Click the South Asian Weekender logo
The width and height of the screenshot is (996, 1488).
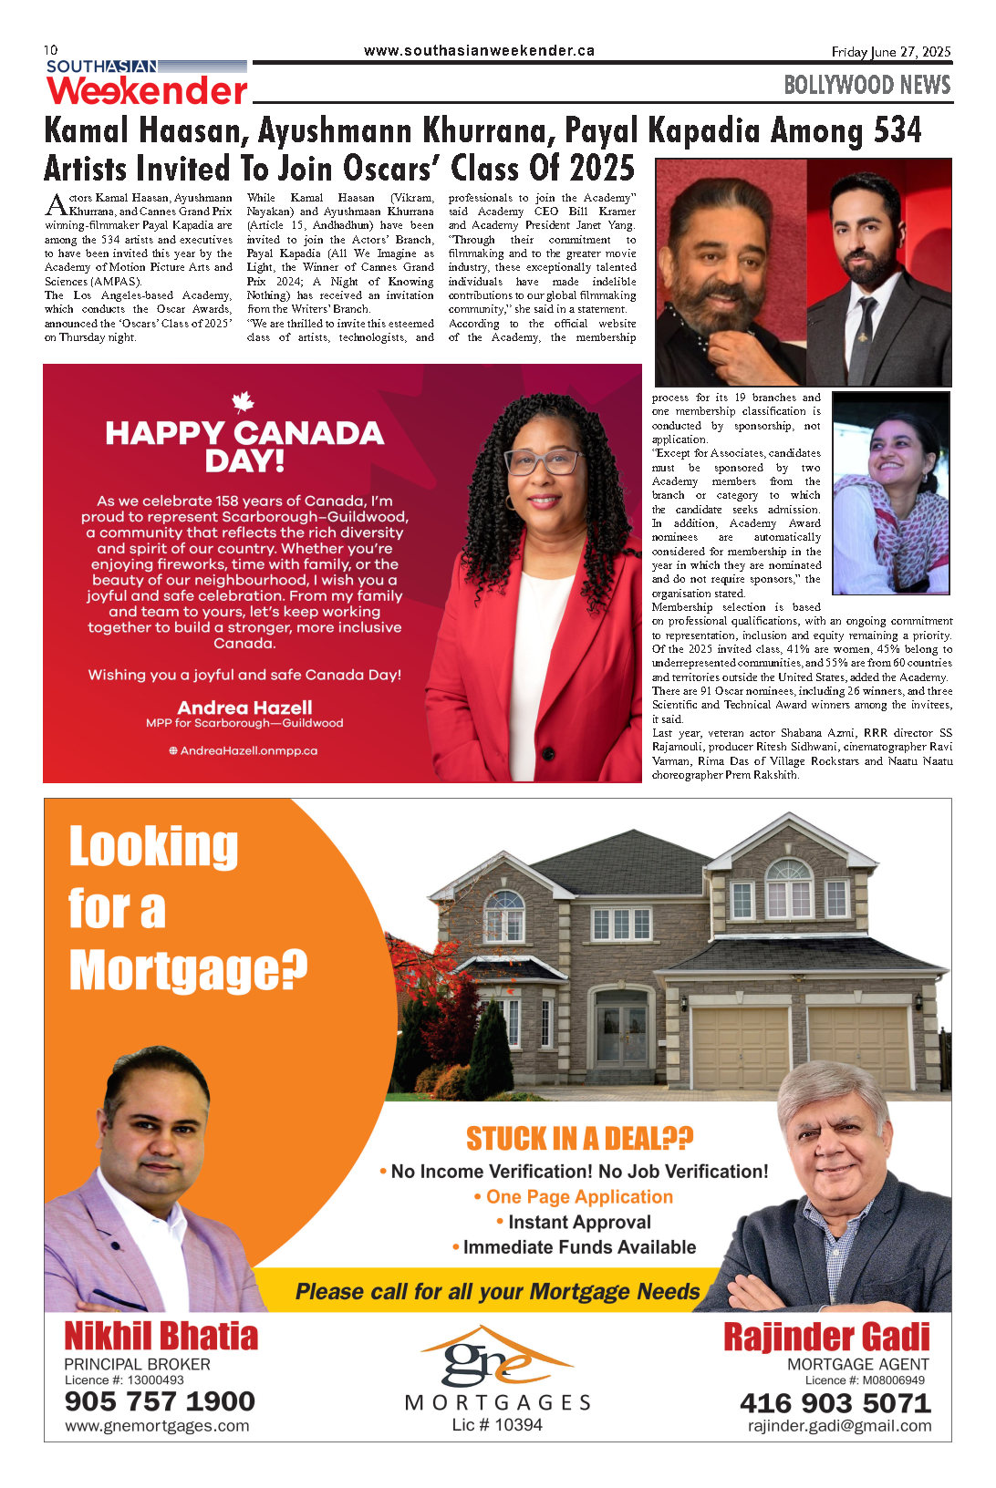tap(147, 82)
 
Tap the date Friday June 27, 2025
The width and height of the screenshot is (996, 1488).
tap(890, 52)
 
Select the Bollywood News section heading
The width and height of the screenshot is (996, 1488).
tap(866, 86)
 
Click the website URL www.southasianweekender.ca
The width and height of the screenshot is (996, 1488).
tap(479, 51)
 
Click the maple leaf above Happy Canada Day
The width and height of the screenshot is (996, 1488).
tap(243, 401)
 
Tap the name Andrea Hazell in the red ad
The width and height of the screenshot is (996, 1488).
tap(244, 708)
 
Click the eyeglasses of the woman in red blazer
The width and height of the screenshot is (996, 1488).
tap(544, 461)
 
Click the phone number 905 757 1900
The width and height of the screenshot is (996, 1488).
tap(160, 1401)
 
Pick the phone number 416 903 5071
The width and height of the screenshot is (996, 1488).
tap(835, 1403)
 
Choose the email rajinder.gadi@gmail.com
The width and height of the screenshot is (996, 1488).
tap(839, 1426)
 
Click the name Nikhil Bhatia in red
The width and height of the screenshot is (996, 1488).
tap(161, 1337)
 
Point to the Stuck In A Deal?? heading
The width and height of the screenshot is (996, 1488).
tap(579, 1139)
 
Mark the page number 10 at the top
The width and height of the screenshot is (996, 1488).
tap(50, 49)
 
